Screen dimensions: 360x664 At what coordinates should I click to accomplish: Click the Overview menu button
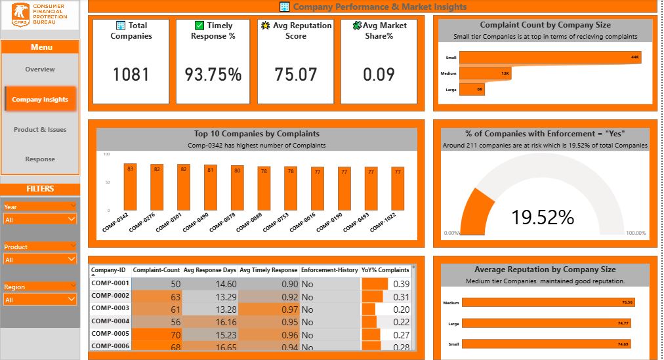[x=40, y=70]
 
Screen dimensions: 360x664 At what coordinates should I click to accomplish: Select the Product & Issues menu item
[x=40, y=130]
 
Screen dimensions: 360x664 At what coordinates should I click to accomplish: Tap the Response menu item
[x=40, y=159]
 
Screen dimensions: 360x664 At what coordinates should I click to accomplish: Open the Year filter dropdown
[x=40, y=220]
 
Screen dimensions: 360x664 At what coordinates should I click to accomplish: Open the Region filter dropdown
[x=40, y=300]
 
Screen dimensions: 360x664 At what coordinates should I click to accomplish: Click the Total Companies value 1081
[x=131, y=75]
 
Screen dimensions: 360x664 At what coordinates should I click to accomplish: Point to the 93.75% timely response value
[x=213, y=75]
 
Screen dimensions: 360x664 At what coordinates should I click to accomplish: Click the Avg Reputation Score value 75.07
[x=296, y=75]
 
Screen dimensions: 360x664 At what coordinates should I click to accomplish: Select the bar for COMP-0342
[x=130, y=187]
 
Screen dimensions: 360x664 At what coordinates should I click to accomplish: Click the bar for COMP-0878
[x=237, y=188]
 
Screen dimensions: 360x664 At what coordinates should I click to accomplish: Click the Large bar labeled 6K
[x=472, y=89]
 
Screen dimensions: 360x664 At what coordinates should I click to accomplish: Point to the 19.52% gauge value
[x=543, y=217]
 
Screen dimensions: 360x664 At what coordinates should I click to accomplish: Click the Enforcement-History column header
[x=329, y=270]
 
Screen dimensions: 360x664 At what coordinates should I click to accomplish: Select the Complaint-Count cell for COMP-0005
[x=157, y=334]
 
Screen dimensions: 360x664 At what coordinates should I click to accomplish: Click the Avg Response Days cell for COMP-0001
[x=210, y=284]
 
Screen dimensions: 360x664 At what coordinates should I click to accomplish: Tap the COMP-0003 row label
[x=110, y=309]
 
